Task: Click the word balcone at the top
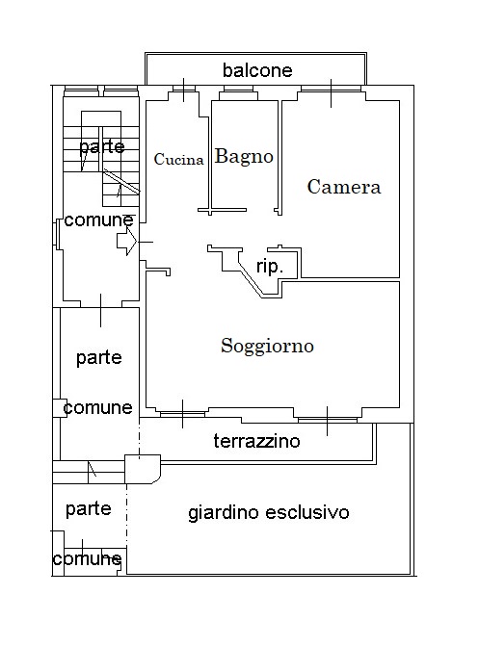257,70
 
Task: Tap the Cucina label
178,160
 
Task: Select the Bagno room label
244,157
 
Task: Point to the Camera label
344,187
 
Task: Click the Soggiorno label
267,346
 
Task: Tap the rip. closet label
270,267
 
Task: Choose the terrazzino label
256,441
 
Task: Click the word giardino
224,513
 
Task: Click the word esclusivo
307,512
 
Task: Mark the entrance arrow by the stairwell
126,242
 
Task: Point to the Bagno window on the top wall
238,89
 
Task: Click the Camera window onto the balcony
331,89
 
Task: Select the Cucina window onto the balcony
183,89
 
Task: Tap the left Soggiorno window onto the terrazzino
182,414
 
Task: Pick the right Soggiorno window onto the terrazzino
327,420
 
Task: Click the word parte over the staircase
102,147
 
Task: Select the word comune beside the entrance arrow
99,220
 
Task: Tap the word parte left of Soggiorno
99,357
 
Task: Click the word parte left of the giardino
89,509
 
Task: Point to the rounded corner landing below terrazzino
143,469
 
